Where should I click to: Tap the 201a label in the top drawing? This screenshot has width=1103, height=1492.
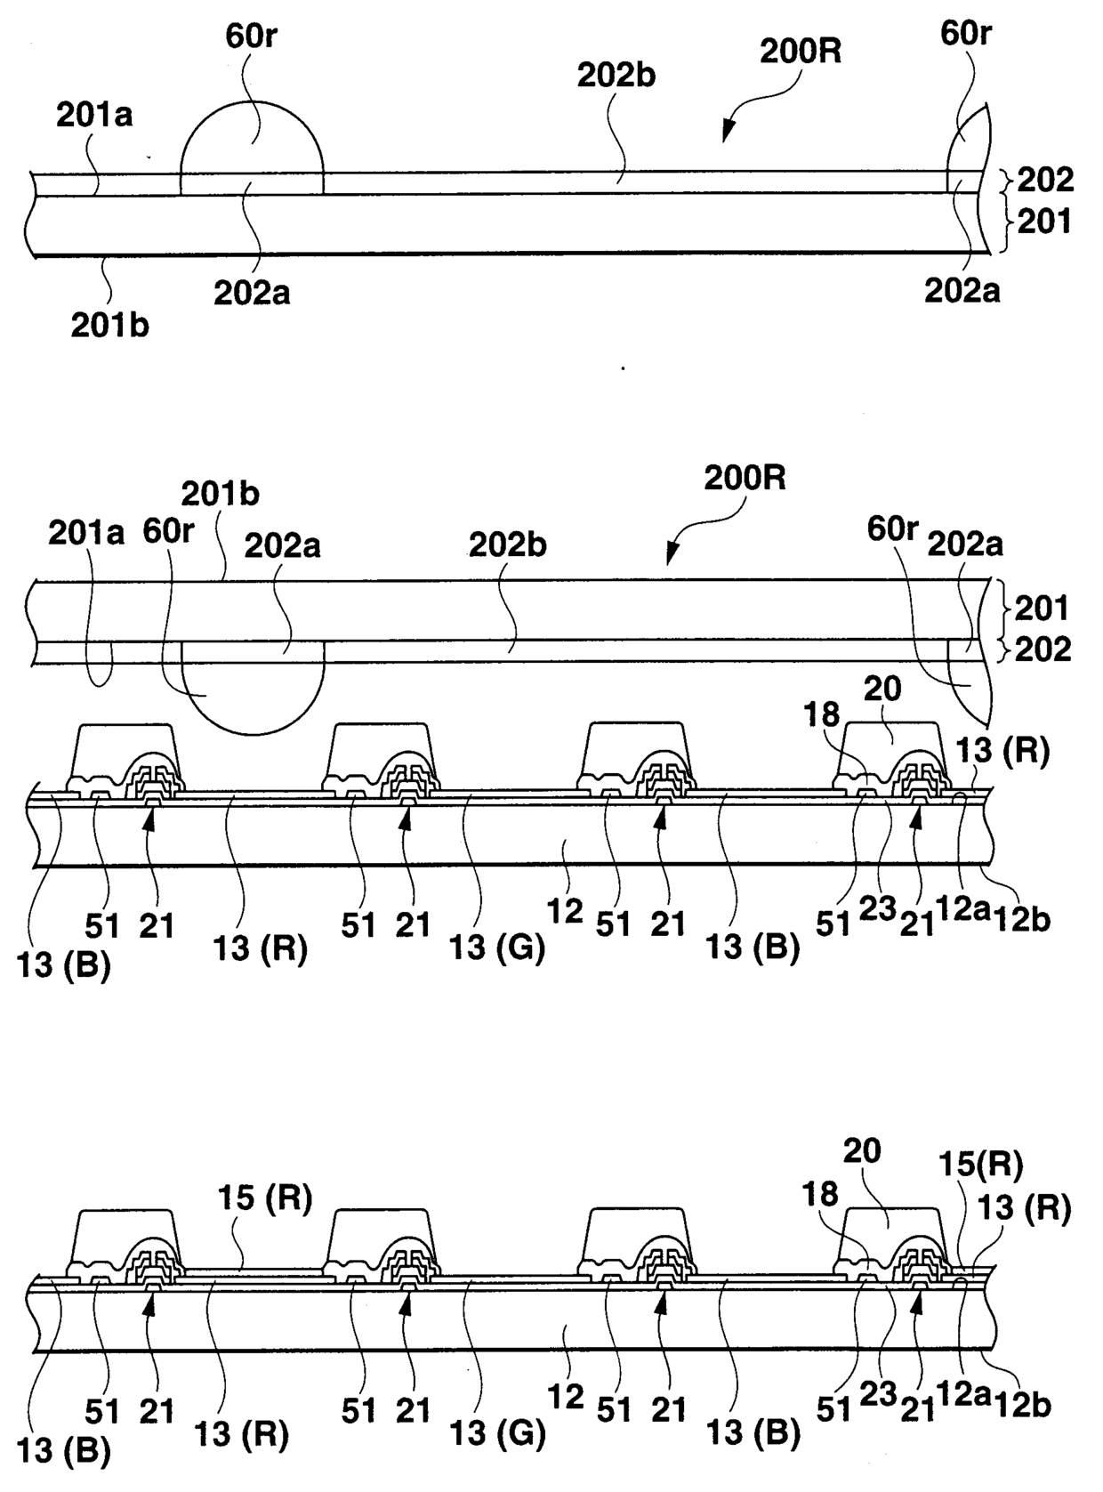point(94,115)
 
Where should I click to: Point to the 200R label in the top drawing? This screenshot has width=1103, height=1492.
point(801,51)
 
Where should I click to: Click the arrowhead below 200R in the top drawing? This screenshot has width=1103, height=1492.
point(729,133)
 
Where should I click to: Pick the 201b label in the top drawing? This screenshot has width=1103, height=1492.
point(109,326)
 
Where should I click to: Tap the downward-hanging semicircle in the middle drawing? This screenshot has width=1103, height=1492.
point(253,698)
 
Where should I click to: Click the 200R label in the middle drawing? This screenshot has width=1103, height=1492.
point(745,478)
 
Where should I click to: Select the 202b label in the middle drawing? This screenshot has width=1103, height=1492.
point(508,544)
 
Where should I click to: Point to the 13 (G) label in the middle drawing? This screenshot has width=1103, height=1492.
point(496,948)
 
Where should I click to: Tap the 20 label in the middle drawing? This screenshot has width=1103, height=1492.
point(882,688)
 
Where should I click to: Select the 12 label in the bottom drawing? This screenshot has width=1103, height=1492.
point(566,1398)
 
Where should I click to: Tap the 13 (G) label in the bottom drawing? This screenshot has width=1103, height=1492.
point(496,1433)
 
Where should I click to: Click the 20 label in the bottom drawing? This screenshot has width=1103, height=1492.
point(861,1153)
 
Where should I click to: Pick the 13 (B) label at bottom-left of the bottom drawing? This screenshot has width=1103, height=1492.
point(64,1451)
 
